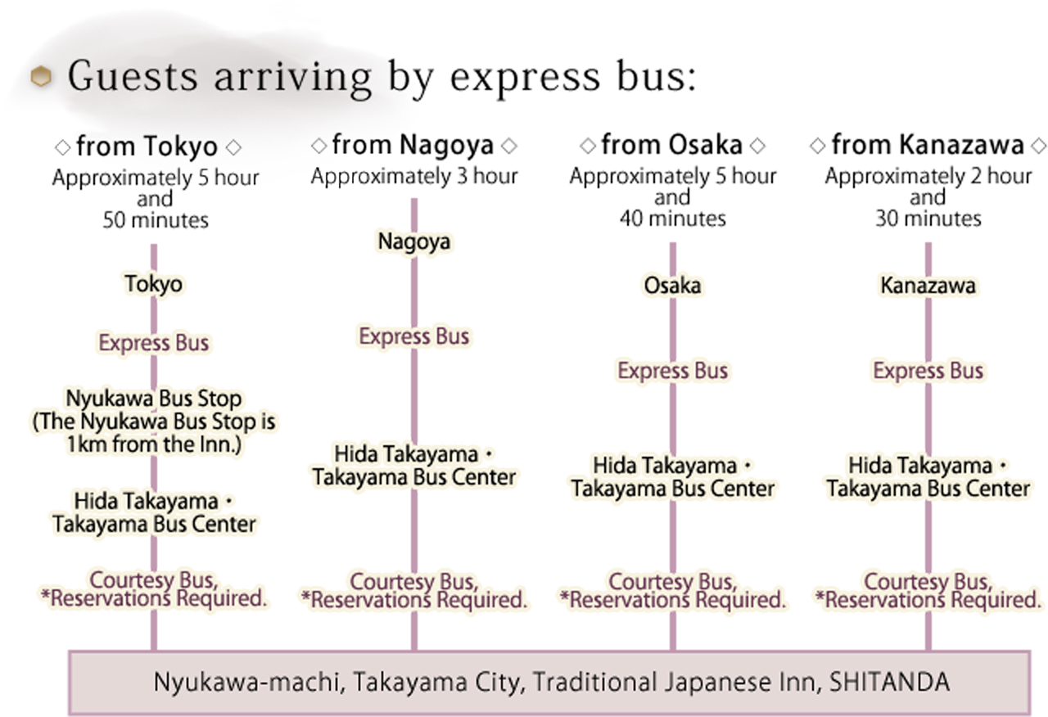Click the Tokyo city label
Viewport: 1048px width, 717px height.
point(153,284)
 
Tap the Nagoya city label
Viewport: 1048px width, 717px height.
point(413,242)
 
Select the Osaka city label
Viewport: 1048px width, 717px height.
point(672,286)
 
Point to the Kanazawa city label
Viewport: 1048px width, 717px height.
point(928,286)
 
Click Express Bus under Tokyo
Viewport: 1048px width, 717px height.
point(153,343)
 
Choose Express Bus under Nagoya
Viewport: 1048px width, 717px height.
point(413,336)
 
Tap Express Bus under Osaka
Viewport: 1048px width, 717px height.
point(672,371)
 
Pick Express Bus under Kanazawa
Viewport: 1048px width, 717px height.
point(928,371)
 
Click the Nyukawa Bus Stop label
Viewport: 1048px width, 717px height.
point(153,400)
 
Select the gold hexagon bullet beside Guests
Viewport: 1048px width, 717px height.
point(40,77)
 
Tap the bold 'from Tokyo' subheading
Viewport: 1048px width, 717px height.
point(147,147)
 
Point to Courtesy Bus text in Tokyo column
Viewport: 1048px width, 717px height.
point(153,580)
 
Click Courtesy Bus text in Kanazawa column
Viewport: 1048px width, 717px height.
point(928,582)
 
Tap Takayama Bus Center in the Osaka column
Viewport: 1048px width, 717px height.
point(672,489)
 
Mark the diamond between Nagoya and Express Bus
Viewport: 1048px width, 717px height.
point(414,291)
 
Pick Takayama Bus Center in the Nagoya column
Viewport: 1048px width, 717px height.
point(413,477)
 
